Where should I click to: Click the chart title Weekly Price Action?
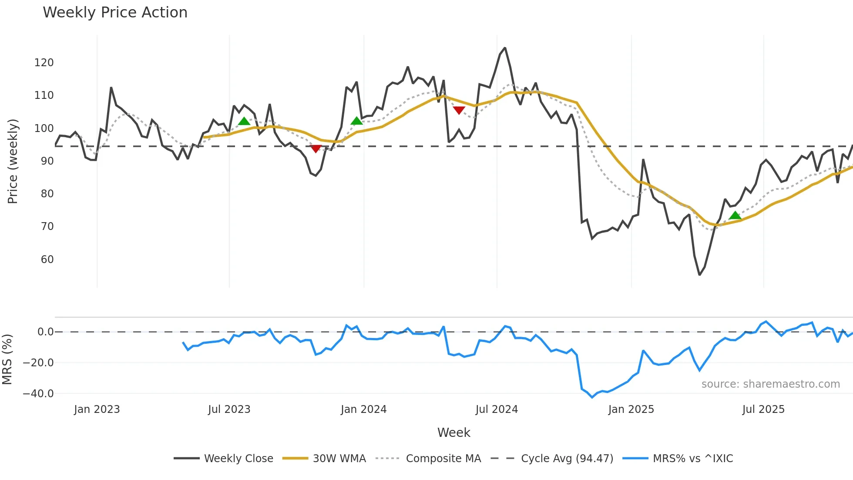tap(115, 13)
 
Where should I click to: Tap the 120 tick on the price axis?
tap(44, 63)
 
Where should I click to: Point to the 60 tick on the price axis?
tap(47, 260)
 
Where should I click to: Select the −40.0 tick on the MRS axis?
tap(38, 394)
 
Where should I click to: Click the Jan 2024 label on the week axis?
tap(363, 409)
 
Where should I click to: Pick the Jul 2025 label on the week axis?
tap(763, 409)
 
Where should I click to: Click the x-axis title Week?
tap(453, 433)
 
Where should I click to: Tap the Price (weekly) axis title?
tap(13, 161)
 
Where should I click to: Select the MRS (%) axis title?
tap(7, 359)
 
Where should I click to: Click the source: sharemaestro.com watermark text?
tap(770, 384)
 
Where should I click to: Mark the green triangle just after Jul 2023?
tap(244, 122)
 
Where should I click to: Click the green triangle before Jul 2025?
tap(735, 216)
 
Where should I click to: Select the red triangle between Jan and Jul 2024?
tap(459, 110)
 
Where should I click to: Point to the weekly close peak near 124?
tap(505, 48)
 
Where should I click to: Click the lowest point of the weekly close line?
tap(699, 275)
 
